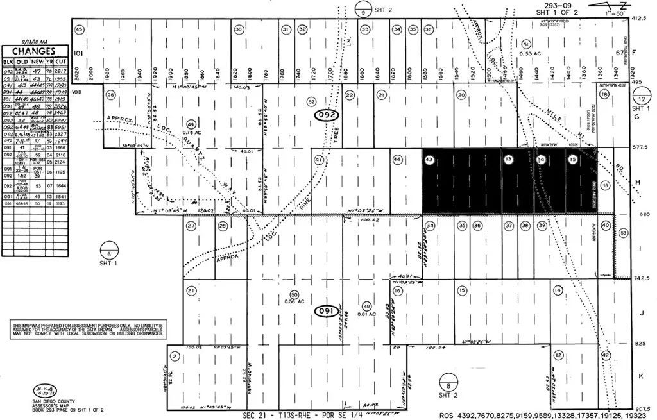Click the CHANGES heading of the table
click(x=37, y=51)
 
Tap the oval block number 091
click(x=327, y=311)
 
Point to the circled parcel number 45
click(x=80, y=29)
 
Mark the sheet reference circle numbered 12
click(x=642, y=99)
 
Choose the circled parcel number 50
click(x=294, y=293)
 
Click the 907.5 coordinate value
click(x=642, y=408)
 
